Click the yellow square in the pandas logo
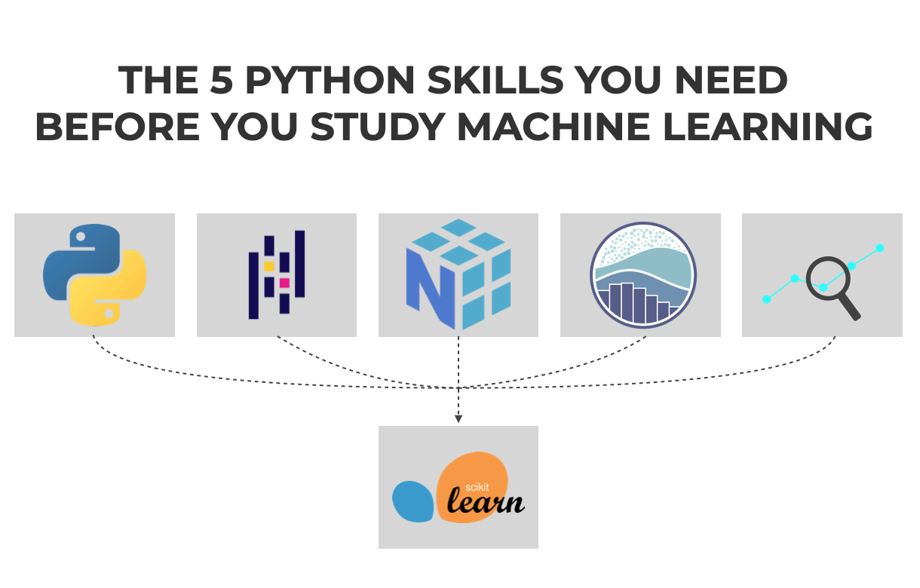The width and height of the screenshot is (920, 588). (x=269, y=266)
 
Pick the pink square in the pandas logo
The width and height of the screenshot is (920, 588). (x=284, y=283)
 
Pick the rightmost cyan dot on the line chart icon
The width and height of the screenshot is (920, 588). (x=879, y=248)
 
